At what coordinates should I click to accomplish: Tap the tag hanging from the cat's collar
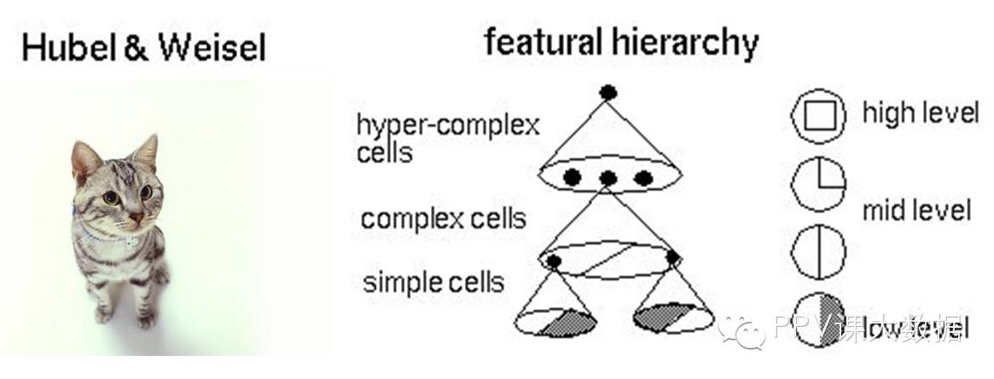[130, 242]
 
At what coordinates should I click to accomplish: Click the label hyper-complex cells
[448, 138]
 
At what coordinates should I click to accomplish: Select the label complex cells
[443, 219]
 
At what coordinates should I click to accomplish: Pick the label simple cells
[433, 282]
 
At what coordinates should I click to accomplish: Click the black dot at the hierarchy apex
[607, 92]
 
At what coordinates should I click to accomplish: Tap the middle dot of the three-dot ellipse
[607, 178]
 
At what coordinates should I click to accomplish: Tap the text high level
[920, 112]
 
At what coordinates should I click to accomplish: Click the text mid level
[916, 210]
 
